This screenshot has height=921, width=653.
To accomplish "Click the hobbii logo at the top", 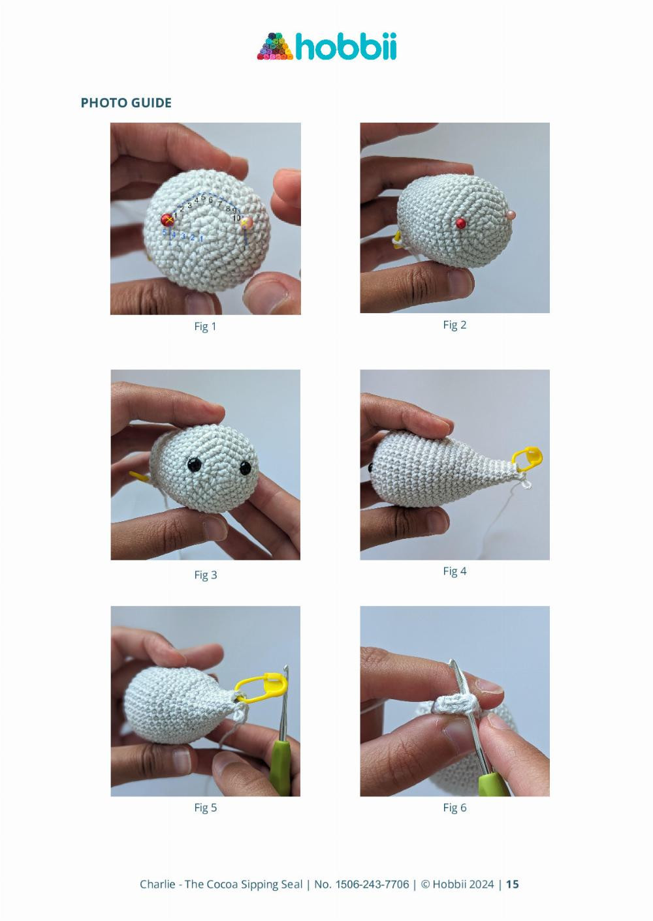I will tap(326, 46).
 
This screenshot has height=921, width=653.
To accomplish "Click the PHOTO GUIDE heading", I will tap(126, 103).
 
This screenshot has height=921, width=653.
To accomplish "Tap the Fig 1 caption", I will tap(205, 327).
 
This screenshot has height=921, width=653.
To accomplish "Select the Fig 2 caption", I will tap(454, 325).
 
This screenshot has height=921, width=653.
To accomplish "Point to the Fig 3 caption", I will tap(205, 575).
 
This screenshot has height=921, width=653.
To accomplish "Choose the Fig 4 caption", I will tap(454, 571).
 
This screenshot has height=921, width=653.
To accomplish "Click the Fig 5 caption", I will tap(205, 808).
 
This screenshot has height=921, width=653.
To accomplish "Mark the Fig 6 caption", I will tap(454, 808).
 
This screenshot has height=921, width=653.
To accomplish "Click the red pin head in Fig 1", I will tap(167, 219).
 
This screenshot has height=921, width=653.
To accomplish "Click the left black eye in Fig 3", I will tap(194, 464).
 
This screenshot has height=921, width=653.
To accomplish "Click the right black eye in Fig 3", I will tap(245, 467).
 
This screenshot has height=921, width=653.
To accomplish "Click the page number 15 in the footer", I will tap(513, 884).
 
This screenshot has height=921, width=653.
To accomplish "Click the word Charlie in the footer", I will tap(157, 884).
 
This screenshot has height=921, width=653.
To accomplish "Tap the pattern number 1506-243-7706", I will tap(372, 884).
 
